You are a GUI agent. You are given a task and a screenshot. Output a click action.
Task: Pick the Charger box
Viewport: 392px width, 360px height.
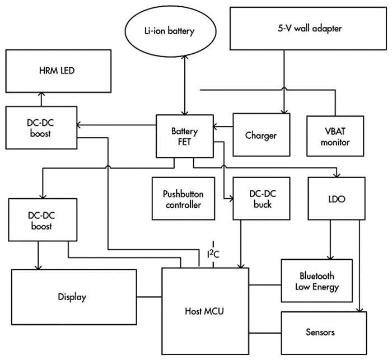[261, 135]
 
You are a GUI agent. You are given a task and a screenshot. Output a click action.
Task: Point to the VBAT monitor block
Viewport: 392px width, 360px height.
[335, 137]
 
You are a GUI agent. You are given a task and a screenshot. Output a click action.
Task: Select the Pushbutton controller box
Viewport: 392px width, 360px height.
[183, 199]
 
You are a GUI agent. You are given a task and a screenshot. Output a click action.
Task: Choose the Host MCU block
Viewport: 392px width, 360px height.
[205, 311]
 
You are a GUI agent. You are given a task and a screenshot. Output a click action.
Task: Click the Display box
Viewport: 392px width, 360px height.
[74, 297]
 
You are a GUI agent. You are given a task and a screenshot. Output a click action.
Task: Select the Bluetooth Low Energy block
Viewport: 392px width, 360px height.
[316, 282]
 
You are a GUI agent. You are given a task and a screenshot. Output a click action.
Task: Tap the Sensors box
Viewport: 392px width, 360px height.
[320, 332]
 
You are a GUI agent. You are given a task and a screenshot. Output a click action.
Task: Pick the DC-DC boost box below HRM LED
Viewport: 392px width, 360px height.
[41, 128]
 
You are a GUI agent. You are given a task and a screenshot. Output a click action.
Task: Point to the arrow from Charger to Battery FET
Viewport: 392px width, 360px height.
[223, 127]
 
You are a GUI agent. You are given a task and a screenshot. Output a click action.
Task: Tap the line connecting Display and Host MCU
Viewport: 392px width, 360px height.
[150, 297]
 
